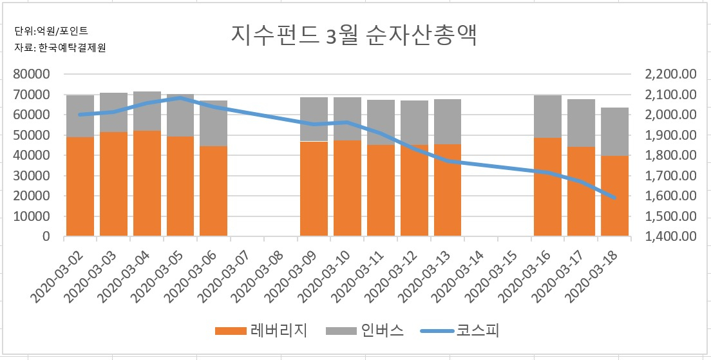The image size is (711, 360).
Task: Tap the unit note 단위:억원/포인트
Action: pyautogui.click(x=52, y=31)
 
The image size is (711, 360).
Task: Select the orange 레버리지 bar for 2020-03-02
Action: pyautogui.click(x=81, y=186)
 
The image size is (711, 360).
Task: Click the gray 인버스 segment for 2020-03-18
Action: pyautogui.click(x=615, y=131)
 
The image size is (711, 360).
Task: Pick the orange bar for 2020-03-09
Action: pyautogui.click(x=314, y=189)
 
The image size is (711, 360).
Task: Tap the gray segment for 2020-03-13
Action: pyautogui.click(x=448, y=122)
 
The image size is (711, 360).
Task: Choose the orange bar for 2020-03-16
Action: pyautogui.click(x=548, y=187)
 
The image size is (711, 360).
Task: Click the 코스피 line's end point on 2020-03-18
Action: pyautogui.click(x=615, y=198)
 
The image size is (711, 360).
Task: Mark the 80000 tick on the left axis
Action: pyautogui.click(x=32, y=74)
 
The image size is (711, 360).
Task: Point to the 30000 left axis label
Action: pyautogui.click(x=32, y=175)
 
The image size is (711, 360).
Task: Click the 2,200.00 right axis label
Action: pyautogui.click(x=670, y=74)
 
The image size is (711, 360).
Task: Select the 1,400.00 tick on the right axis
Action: pyautogui.click(x=670, y=236)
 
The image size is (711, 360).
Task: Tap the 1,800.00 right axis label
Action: pyautogui.click(x=670, y=155)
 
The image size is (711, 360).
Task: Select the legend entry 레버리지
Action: pyautogui.click(x=261, y=331)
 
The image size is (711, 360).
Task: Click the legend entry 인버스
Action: pyautogui.click(x=365, y=331)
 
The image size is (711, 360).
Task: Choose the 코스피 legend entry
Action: pyautogui.click(x=460, y=331)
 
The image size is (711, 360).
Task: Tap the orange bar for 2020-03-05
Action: pyautogui.click(x=180, y=186)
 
